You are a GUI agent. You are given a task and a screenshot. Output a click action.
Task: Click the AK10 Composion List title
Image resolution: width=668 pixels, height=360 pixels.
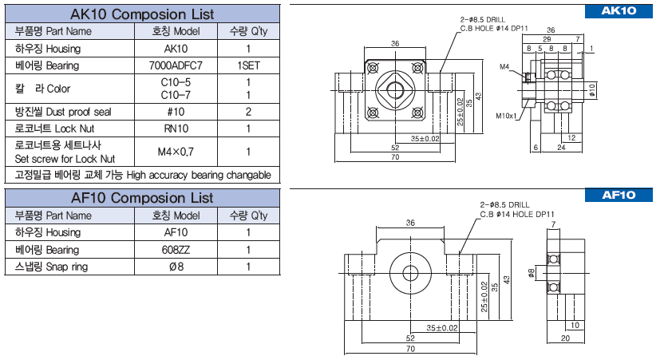click(142, 14)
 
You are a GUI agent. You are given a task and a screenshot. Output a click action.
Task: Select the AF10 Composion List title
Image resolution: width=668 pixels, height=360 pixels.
click(142, 196)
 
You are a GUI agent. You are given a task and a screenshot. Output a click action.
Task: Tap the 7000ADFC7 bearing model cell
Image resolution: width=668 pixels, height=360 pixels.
click(176, 65)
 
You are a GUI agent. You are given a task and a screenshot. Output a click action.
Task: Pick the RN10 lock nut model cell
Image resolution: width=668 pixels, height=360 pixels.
click(176, 129)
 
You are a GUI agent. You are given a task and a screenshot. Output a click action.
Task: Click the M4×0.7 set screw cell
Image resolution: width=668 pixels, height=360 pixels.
click(176, 151)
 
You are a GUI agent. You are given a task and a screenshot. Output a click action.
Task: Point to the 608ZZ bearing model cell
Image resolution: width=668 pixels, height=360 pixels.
click(176, 250)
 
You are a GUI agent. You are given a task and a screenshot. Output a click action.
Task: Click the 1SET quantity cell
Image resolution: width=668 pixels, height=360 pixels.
click(250, 65)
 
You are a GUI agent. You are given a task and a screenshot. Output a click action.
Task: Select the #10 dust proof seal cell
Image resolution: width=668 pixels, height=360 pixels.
click(176, 111)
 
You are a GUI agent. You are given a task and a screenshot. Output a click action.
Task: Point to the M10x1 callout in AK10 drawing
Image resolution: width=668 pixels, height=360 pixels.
click(506, 116)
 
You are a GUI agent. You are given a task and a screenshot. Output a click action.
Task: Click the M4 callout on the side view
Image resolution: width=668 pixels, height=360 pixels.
click(505, 66)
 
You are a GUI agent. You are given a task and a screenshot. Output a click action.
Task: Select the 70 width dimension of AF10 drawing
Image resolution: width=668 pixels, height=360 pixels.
click(410, 349)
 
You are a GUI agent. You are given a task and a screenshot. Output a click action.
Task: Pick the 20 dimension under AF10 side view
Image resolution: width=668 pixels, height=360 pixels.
click(566, 338)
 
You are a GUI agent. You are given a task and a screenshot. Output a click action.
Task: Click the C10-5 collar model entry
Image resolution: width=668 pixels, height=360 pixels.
click(176, 82)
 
